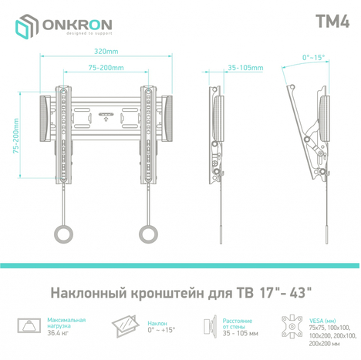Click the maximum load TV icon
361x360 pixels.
tap(29, 326)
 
